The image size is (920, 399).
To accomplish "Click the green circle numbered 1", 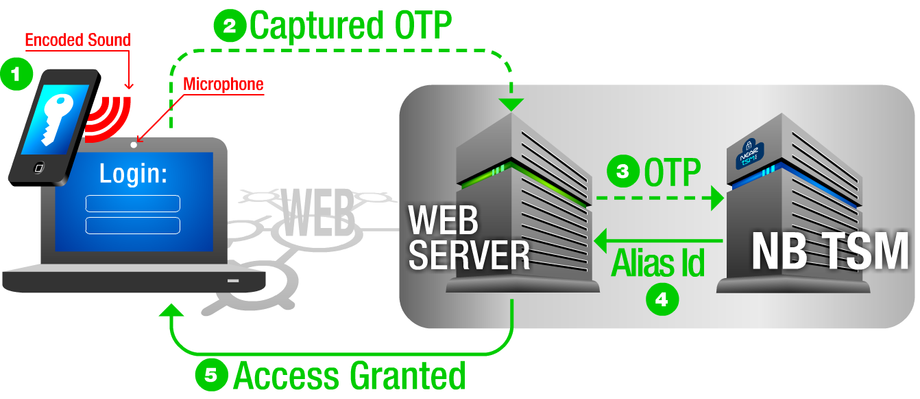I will [16, 74].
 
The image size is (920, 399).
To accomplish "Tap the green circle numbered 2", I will [230, 27].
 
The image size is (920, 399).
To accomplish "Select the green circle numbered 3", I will [623, 171].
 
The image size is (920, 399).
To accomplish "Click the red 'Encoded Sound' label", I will [77, 40].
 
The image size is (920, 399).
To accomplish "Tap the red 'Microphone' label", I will [223, 84].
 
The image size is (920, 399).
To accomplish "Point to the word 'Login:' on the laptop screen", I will [133, 174].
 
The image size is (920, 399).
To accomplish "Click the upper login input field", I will [132, 203].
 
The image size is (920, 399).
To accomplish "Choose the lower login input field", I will [132, 225].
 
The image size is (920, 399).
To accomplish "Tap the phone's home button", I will [39, 167].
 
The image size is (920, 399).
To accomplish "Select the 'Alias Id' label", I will [657, 263].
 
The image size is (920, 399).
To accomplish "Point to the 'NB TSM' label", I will [830, 252].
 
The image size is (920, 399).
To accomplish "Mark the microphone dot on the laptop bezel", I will [134, 144].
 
